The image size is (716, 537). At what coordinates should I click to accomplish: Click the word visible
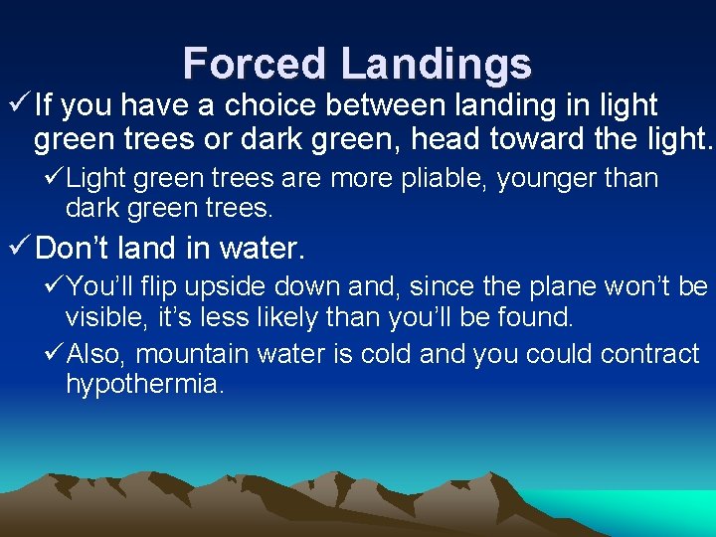coord(104,318)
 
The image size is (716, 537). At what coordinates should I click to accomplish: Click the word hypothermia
coord(144,385)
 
